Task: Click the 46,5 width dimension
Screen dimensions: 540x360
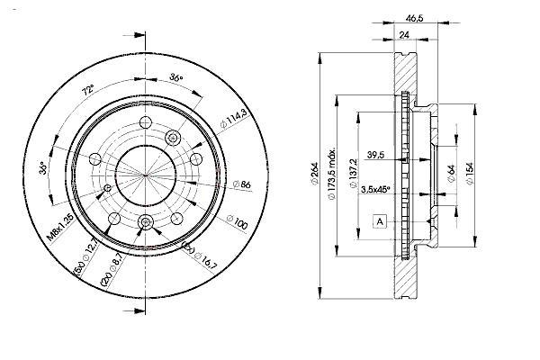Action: tap(414, 18)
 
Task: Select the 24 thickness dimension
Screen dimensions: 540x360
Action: tap(403, 35)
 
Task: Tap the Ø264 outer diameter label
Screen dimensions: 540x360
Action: tap(315, 174)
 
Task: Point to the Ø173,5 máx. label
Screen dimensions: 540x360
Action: tap(331, 175)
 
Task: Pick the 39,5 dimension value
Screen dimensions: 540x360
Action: tap(375, 155)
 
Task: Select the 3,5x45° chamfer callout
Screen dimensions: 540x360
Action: tap(375, 189)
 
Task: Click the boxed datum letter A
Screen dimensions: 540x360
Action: tap(380, 221)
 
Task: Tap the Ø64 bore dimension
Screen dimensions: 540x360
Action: tap(451, 174)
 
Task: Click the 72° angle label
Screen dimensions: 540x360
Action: tap(87, 90)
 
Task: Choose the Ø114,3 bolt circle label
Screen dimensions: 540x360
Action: tap(234, 118)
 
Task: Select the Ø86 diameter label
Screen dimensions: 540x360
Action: tap(242, 184)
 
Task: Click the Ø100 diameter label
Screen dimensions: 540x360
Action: tap(237, 222)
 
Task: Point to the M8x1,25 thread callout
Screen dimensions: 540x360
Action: tap(60, 227)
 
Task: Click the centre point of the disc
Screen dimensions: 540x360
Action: tap(145, 175)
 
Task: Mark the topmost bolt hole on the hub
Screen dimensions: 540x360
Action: tap(146, 122)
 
